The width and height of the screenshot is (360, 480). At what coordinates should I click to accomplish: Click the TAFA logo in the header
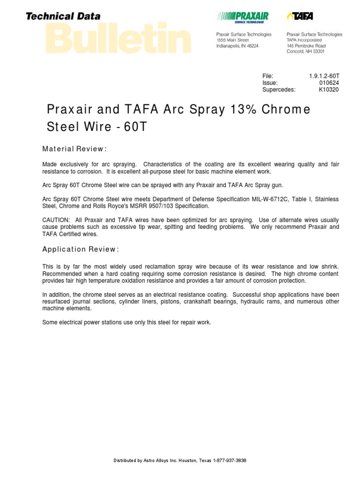tap(300, 17)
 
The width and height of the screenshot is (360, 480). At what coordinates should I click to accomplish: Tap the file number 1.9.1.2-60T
tap(324, 76)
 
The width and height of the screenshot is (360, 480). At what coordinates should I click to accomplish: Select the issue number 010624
tap(329, 83)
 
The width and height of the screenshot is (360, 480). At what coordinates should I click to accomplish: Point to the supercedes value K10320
tap(329, 90)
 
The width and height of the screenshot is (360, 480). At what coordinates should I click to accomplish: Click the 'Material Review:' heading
tap(75, 149)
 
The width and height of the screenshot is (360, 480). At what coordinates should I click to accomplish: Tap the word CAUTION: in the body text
tap(56, 220)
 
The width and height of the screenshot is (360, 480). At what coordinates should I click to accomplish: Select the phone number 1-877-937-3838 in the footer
tap(230, 460)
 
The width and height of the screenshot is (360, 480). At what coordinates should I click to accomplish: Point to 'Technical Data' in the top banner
tap(63, 16)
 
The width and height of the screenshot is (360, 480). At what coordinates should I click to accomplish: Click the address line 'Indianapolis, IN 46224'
tap(237, 46)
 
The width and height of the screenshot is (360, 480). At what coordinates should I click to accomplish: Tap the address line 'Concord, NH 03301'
tap(306, 52)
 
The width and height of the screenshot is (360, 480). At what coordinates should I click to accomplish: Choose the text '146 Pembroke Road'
tap(306, 46)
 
